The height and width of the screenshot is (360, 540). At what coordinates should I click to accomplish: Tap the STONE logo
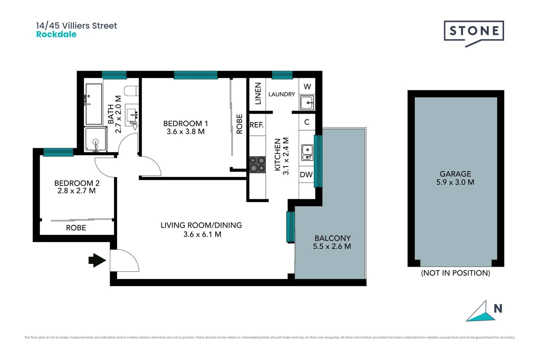(474, 31)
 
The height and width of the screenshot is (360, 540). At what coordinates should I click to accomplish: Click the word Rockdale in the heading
(56, 34)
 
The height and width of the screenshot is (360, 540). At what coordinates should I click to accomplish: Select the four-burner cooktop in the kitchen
(257, 165)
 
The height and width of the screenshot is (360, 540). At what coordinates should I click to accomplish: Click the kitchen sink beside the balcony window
(307, 152)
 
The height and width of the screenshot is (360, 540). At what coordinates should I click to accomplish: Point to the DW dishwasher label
(306, 175)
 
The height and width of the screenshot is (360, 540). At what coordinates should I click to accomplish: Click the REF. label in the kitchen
(257, 125)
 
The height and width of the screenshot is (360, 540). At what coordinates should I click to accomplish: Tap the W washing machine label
(307, 87)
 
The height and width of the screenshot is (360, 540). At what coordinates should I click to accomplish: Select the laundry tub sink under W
(307, 103)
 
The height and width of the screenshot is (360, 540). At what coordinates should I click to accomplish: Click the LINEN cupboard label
(258, 94)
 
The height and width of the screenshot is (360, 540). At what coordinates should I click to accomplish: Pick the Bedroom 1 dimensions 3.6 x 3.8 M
(185, 132)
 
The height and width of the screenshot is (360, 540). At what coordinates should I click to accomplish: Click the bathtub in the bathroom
(94, 104)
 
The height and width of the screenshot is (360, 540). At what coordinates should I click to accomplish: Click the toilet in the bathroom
(131, 91)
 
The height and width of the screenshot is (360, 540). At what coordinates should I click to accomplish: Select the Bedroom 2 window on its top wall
(58, 152)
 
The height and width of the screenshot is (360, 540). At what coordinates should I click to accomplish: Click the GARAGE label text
(455, 174)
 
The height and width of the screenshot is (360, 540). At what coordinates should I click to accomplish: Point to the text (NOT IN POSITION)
(455, 273)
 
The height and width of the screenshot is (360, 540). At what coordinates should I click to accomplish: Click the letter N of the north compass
(498, 309)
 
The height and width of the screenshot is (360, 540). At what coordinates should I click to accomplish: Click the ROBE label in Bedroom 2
(76, 228)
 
